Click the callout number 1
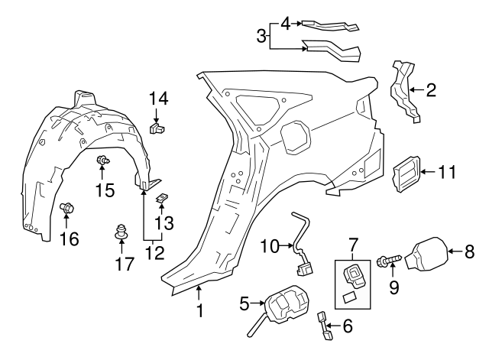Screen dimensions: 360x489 (x=200, y=311)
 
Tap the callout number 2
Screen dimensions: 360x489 (x=431, y=91)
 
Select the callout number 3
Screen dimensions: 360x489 (x=261, y=35)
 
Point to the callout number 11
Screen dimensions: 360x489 (x=447, y=172)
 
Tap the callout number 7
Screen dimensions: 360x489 (x=353, y=245)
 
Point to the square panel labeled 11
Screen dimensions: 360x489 (x=406, y=174)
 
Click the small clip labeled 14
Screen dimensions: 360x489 (x=158, y=127)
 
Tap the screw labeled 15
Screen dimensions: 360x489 (x=102, y=161)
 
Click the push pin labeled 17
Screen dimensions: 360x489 (x=121, y=230)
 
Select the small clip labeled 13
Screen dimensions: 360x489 (x=163, y=199)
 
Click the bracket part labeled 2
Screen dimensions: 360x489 (x=405, y=91)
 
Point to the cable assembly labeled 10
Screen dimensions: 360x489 (x=303, y=243)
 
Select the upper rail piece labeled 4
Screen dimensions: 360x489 (x=329, y=24)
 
